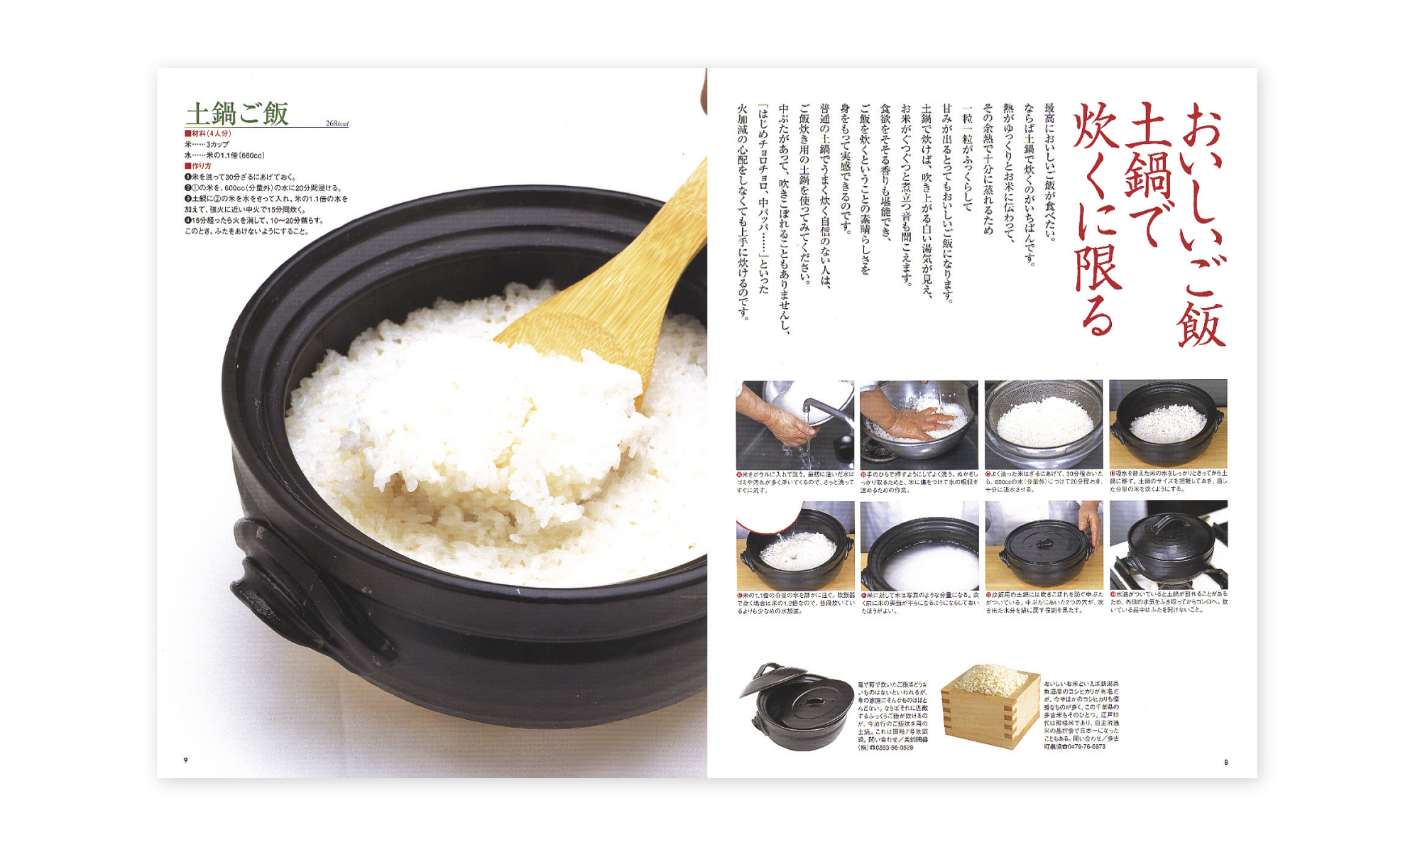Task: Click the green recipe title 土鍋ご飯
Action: pyautogui.click(x=237, y=114)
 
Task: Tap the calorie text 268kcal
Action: pyautogui.click(x=337, y=124)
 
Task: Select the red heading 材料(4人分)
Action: pyautogui.click(x=207, y=133)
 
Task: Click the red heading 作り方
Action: pyautogui.click(x=198, y=166)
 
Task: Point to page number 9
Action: pyautogui.click(x=186, y=760)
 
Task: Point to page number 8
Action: pyautogui.click(x=1225, y=763)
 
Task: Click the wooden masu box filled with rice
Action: pyautogui.click(x=989, y=706)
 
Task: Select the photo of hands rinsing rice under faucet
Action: pyautogui.click(x=794, y=424)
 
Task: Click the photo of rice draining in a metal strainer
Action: pyautogui.click(x=1043, y=424)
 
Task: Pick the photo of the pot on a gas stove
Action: pyautogui.click(x=1168, y=545)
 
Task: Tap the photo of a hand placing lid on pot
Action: pyautogui.click(x=1043, y=545)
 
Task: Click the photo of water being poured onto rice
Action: pyautogui.click(x=794, y=545)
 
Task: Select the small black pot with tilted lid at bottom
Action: pyautogui.click(x=797, y=706)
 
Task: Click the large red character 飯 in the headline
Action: pyautogui.click(x=1200, y=323)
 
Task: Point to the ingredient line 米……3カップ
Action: pyautogui.click(x=207, y=144)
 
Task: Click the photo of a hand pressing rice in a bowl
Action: pyautogui.click(x=919, y=424)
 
